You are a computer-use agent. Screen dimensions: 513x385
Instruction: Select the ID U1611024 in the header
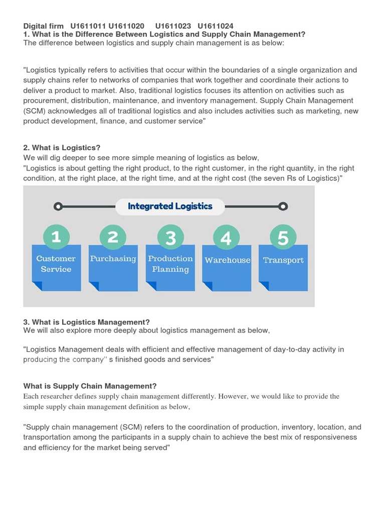coord(215,26)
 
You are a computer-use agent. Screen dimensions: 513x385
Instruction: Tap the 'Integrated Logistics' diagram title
coord(170,206)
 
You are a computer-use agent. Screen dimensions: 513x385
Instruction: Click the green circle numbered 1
coord(56,236)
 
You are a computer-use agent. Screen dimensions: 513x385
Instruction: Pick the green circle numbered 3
coord(170,237)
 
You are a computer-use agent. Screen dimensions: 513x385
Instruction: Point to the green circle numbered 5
coord(283,237)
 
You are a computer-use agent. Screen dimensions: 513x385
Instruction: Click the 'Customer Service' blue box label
coord(56,264)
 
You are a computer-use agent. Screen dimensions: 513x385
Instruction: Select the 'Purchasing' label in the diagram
coord(113,259)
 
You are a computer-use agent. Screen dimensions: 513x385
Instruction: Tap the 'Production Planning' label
coord(170,264)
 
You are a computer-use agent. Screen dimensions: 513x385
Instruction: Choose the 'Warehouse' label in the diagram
coord(228,260)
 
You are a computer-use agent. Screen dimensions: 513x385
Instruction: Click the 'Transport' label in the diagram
coord(283,260)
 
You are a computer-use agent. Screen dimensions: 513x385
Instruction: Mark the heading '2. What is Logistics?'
coord(62,148)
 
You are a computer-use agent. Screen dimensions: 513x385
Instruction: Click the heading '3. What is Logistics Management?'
coord(86,322)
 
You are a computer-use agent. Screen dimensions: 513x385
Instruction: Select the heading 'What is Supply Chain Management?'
coord(90,386)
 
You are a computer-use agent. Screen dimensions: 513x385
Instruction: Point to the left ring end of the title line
coord(58,206)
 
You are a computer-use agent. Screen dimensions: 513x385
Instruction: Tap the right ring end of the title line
coord(283,206)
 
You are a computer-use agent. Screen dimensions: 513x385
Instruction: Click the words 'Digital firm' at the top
coord(44,26)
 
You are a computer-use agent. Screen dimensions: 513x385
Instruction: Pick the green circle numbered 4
coord(226,237)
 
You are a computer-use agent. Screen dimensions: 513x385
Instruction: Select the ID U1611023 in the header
coord(173,26)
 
